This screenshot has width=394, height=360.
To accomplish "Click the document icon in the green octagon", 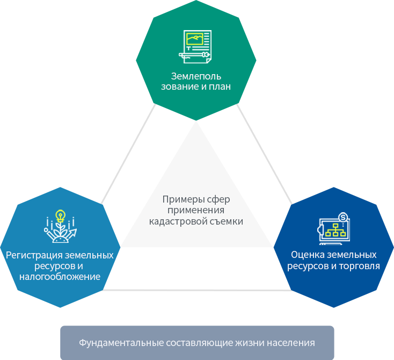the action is tap(195, 47).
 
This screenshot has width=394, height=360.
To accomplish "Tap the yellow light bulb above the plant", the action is tap(60, 216).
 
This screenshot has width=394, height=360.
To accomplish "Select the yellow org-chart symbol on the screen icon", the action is tap(335, 230).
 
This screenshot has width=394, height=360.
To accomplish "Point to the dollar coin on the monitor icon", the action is tap(343, 217).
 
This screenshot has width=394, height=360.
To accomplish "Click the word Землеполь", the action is tap(196, 76).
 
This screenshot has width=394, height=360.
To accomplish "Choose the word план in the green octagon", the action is tap(220, 87).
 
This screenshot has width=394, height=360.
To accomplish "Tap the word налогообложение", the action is tap(60, 277).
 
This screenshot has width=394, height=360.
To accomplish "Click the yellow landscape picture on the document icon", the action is tap(194, 39).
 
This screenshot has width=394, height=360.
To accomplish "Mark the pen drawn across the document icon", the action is tap(194, 54).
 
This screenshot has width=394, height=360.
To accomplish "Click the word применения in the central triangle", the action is tap(196, 210).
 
